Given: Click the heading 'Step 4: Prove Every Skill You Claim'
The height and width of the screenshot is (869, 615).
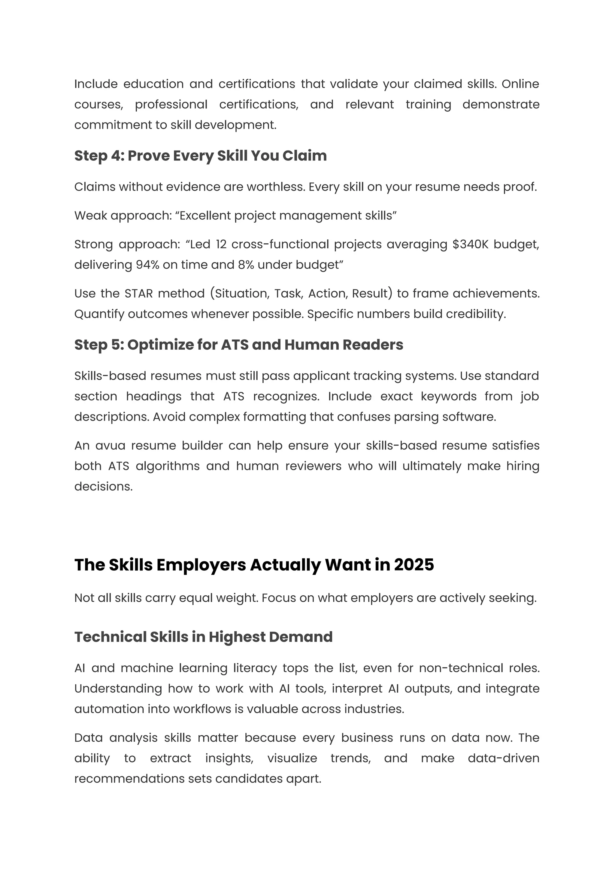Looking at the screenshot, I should [x=200, y=156].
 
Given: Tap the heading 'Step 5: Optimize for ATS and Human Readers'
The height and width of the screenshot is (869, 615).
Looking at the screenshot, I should [x=238, y=345].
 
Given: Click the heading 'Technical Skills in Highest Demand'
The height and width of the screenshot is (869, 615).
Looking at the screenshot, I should [x=203, y=637].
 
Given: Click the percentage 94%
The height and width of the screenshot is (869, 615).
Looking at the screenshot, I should [x=147, y=265].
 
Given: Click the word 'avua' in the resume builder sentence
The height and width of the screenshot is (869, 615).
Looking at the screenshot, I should [x=110, y=445].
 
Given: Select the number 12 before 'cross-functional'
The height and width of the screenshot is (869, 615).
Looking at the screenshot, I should [x=221, y=244].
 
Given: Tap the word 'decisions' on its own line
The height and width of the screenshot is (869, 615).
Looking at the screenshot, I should [x=103, y=486].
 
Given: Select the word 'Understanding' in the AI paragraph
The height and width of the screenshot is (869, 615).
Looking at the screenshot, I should [x=118, y=689].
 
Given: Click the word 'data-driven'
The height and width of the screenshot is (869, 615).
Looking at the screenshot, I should [x=503, y=758].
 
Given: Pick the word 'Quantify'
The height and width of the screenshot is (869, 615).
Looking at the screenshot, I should [x=99, y=314].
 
